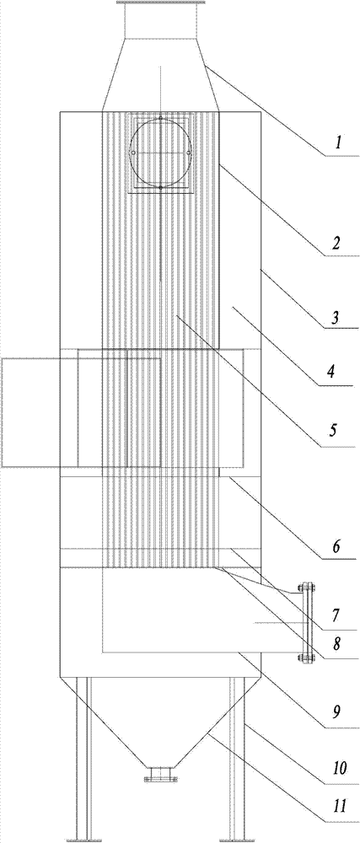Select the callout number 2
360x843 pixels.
[x=336, y=244]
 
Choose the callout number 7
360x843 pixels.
[x=336, y=613]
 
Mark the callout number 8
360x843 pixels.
[x=337, y=642]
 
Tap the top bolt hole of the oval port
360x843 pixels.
[x=161, y=118]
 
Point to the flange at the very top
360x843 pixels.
[x=161, y=3]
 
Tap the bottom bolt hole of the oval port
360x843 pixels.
[x=161, y=188]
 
